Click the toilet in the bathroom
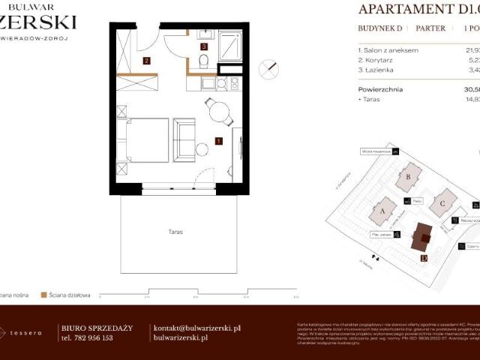tap(204, 60)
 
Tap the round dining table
tap(220, 112)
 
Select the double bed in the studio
tap(147, 139)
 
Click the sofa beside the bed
tap(184, 139)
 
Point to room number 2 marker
tap(147, 61)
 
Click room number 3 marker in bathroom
tap(204, 46)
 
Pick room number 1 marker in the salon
tap(217, 140)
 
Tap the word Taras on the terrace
tap(175, 232)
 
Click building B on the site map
tap(409, 178)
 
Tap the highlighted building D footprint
tap(422, 238)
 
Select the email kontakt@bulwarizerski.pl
tap(196, 328)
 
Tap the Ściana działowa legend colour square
tap(45, 295)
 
